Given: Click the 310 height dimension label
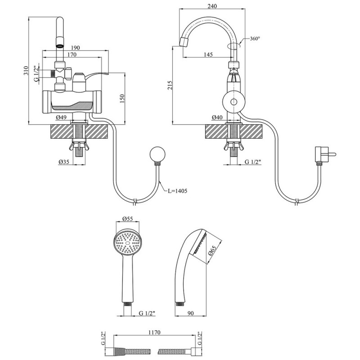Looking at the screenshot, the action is coord(26,71).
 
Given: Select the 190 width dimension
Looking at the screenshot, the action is coord(75,48).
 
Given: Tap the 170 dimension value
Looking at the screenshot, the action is coord(72,54).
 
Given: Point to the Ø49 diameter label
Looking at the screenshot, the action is coord(61,117).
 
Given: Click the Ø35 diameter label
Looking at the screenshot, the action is coord(63,162).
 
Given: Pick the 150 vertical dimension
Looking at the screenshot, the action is coord(122,99).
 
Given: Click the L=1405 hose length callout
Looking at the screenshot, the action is coord(177,191).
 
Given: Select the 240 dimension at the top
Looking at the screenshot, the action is coord(212,6).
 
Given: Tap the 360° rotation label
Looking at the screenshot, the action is coord(255,39).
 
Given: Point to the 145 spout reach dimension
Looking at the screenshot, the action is coord(208,54).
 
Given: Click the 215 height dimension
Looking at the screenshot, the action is coord(170,85).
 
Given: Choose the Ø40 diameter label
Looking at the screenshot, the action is coord(217,117).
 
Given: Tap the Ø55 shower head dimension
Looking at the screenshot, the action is coord(128,219).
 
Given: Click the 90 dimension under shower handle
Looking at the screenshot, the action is coord(191,313).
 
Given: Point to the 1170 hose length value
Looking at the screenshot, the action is coord(154,333).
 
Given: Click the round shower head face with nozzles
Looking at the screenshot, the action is coord(128,243).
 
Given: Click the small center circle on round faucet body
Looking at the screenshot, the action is coord(234,102).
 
